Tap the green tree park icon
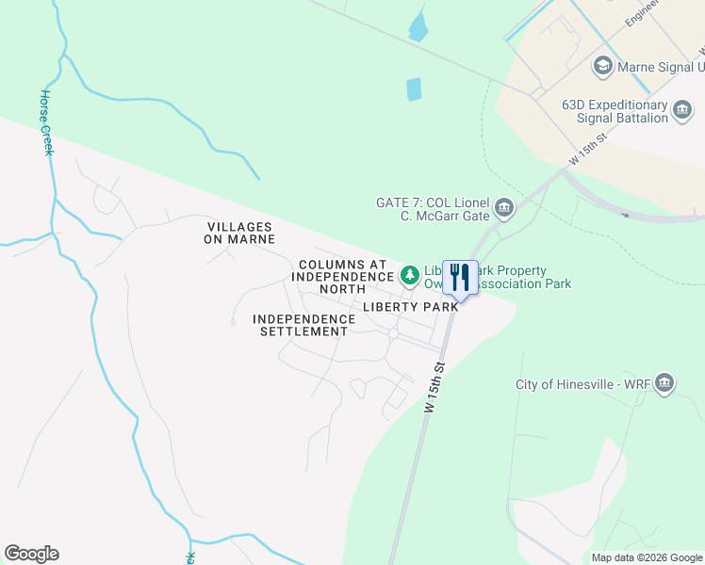click(x=409, y=275)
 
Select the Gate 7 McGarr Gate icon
click(x=504, y=208)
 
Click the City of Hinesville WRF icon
click(x=664, y=383)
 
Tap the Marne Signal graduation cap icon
click(x=601, y=67)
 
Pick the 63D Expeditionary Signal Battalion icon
click(x=683, y=112)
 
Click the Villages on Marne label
click(x=239, y=233)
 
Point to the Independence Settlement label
click(x=303, y=325)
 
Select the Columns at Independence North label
click(x=341, y=276)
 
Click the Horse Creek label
click(x=46, y=122)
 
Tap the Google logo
click(x=31, y=554)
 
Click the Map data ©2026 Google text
click(x=647, y=557)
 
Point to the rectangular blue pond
click(x=413, y=89)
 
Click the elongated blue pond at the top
click(x=418, y=24)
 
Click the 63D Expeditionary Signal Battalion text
click(x=615, y=111)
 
